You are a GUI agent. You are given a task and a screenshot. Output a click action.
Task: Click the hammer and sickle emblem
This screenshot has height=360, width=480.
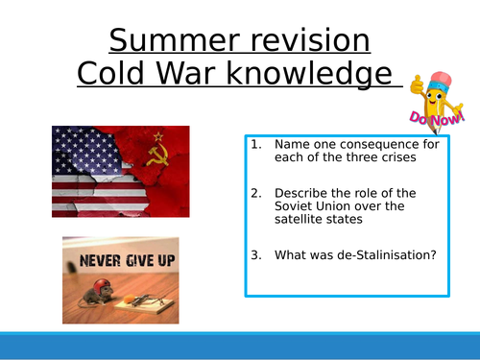click(x=162, y=153)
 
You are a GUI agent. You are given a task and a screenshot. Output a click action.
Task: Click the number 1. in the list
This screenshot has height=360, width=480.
click(x=255, y=144)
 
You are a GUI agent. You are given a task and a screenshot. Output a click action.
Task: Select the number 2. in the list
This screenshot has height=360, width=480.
click(x=255, y=192)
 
